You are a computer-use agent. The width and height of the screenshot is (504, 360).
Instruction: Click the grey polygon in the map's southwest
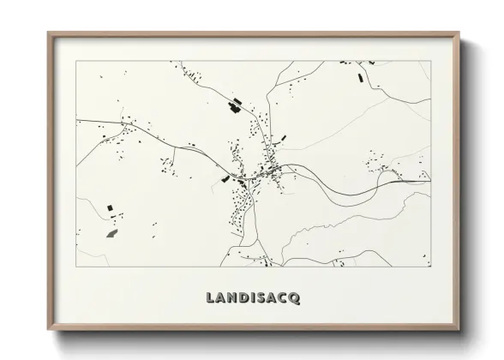click(x=111, y=232)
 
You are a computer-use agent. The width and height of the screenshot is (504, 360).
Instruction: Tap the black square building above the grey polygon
click(x=110, y=207)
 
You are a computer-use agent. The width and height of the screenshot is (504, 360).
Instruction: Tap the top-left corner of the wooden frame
click(x=49, y=33)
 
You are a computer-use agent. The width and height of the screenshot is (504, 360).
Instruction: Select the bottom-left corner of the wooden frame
click(x=49, y=331)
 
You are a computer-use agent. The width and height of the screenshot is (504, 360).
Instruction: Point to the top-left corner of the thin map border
click(x=77, y=61)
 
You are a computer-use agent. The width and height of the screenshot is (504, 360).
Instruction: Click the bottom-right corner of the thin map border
click(x=431, y=267)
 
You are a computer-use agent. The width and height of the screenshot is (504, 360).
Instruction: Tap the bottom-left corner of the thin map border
click(x=77, y=267)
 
